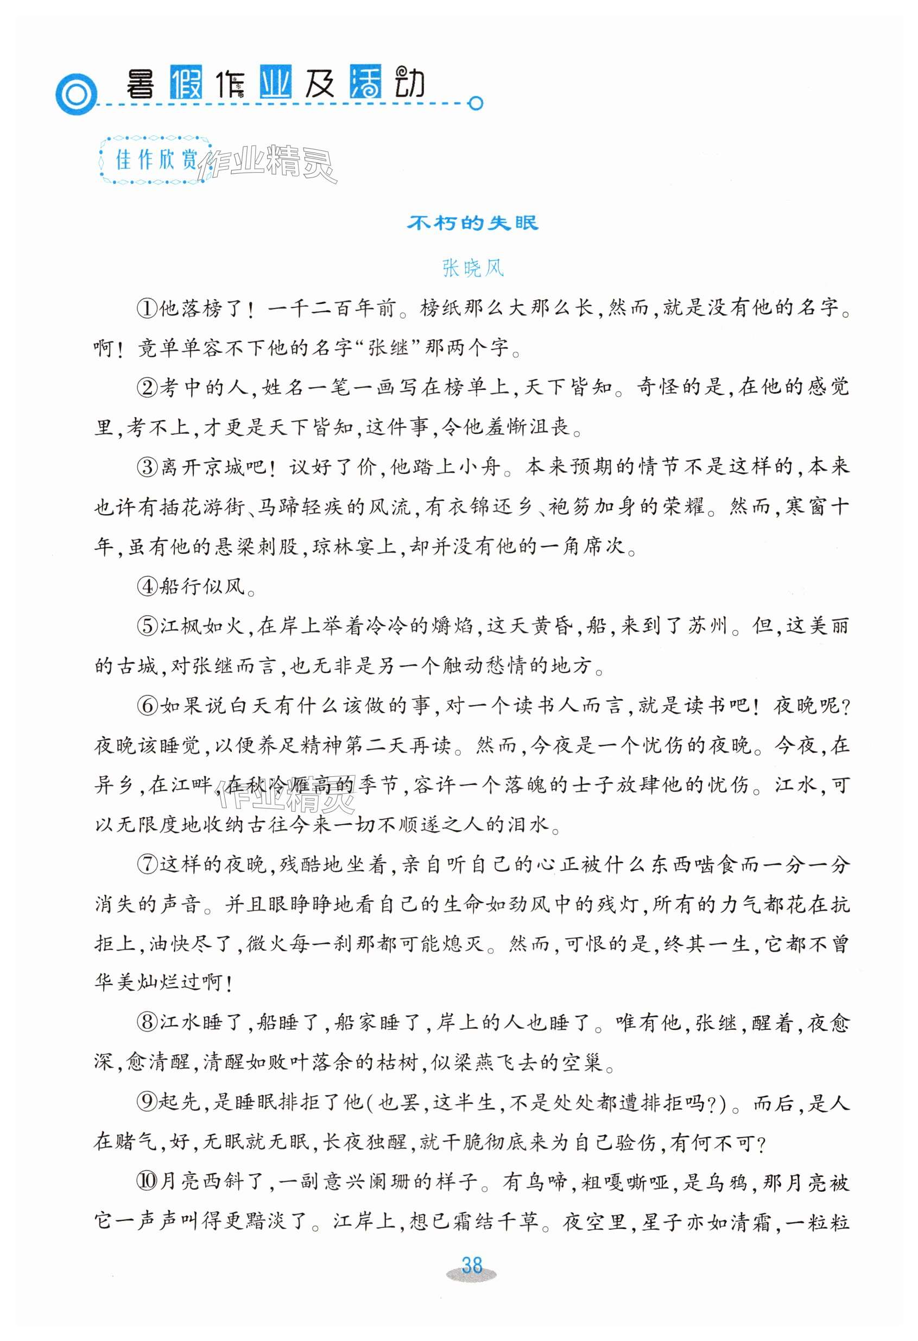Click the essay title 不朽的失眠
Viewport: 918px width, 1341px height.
tap(472, 223)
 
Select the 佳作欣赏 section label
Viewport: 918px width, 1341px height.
tap(156, 160)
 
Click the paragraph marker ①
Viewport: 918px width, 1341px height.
tap(147, 308)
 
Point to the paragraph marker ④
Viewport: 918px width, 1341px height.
tap(147, 587)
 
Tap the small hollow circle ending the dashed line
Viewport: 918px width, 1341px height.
tap(476, 104)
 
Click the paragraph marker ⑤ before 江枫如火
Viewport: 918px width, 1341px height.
tap(147, 626)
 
